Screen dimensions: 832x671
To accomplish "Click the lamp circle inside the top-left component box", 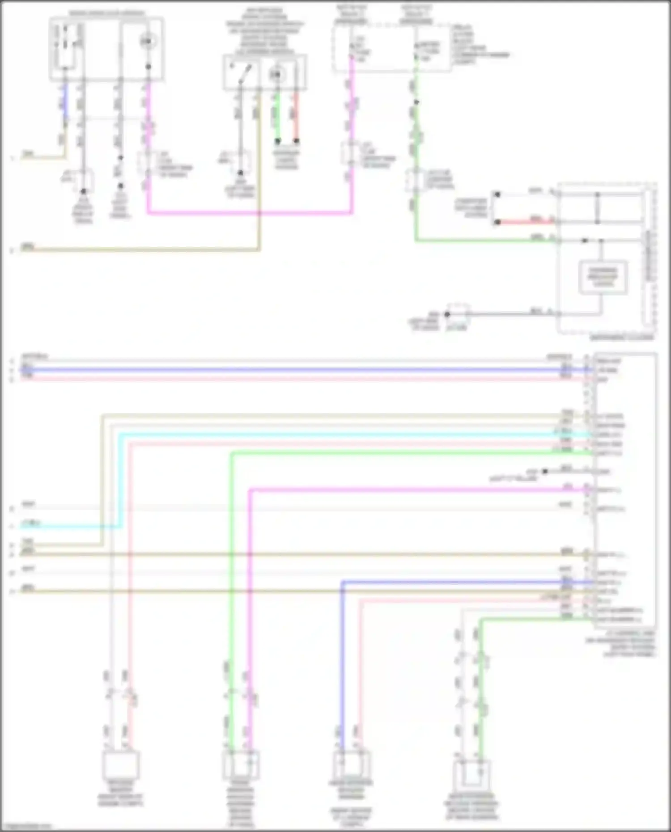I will pos(148,42).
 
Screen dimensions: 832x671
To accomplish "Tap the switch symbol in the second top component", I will pos(240,72).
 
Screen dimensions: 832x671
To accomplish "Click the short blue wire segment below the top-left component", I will pos(66,102).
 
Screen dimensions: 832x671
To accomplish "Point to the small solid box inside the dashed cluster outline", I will pos(603,277).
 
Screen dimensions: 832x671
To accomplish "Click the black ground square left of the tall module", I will pos(544,471).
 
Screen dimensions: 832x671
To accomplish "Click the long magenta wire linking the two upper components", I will pos(251,213).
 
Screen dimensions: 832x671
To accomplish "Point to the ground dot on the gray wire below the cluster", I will pos(447,314).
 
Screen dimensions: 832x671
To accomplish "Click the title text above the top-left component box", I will pos(106,13).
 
